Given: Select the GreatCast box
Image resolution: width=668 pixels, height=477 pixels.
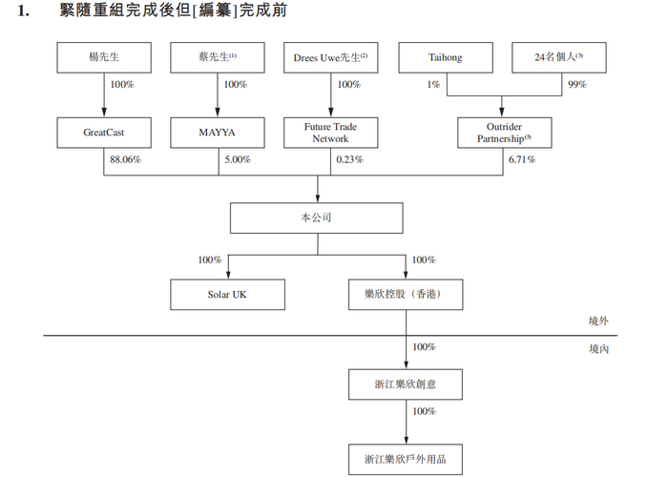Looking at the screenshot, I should pos(103,133).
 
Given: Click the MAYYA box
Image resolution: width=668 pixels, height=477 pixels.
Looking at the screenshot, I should pos(217,133).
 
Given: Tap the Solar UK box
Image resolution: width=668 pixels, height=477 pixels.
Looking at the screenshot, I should pos(227,295).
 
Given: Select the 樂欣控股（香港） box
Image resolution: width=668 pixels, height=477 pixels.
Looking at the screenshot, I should pos(407,295).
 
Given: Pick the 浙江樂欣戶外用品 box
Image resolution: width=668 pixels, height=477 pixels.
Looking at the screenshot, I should pos(407,459).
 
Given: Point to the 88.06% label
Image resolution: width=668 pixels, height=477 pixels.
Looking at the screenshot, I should pos(124,159).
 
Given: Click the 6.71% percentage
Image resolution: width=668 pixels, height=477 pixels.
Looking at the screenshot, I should pos(521,159).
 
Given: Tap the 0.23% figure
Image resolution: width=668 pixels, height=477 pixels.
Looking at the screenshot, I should pos(349,159).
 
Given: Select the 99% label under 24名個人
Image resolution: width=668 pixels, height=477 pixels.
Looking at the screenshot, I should pos(576,85).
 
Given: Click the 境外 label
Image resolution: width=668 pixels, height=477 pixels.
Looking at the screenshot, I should pos(598,321).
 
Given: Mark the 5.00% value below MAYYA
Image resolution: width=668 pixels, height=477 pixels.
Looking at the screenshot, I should pos(238,159).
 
